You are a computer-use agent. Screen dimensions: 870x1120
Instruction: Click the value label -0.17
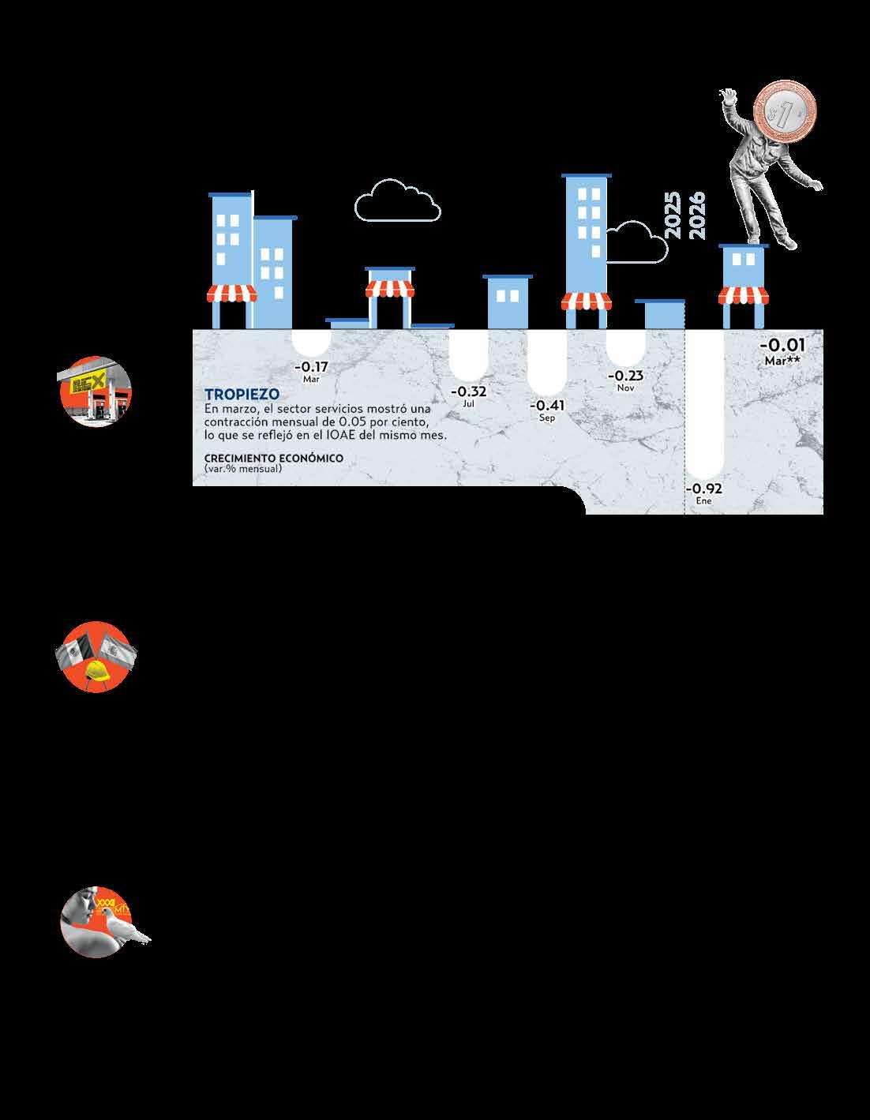311,367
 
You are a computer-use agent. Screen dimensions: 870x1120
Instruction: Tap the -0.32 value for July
468,391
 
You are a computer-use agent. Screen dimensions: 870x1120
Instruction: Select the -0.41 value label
547,406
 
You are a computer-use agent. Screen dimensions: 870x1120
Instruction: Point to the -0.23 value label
626,376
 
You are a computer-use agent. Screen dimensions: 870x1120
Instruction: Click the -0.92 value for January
703,489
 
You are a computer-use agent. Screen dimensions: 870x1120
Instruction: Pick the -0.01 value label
782,345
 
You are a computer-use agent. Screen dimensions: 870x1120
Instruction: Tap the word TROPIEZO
242,395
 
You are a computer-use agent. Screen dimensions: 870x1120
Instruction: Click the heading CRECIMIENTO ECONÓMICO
274,459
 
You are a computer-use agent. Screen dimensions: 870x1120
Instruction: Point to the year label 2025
672,215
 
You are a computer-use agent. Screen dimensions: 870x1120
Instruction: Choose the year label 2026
696,215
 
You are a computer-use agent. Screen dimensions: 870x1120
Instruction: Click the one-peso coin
785,111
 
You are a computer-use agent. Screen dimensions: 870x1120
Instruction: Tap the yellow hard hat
96,671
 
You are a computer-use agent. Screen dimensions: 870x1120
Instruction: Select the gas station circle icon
96,391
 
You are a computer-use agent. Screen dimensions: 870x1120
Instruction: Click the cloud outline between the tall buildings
397,200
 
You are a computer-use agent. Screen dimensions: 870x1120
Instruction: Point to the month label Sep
547,418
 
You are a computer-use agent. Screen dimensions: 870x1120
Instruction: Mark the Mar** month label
782,361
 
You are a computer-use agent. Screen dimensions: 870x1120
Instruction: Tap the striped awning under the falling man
744,295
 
